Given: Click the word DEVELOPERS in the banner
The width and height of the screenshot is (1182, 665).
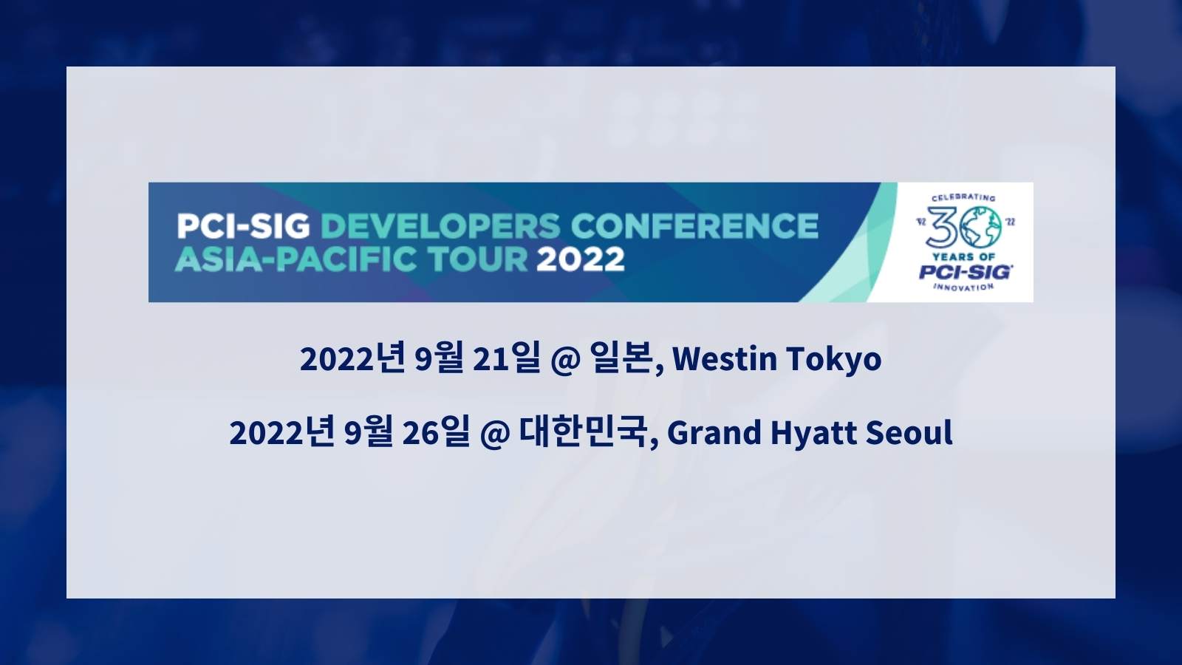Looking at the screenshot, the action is [440, 226].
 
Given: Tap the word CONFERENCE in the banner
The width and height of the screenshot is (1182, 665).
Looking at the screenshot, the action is [694, 226].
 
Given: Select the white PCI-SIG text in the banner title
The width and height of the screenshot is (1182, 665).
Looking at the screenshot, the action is [243, 226].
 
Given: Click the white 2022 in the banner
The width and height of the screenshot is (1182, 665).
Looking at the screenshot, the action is [581, 259].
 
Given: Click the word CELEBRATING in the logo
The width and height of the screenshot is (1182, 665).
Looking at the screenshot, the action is [963, 197].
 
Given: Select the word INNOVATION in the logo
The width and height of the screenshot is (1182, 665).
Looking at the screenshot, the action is [963, 287].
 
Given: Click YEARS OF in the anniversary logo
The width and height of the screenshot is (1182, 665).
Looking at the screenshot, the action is [963, 257].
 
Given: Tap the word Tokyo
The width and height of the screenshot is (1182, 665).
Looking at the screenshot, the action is [834, 360].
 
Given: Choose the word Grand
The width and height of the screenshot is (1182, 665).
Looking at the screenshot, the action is [714, 433].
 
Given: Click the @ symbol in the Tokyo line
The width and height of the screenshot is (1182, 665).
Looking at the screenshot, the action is [565, 360].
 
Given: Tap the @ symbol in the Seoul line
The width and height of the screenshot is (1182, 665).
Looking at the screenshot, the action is [495, 434].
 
